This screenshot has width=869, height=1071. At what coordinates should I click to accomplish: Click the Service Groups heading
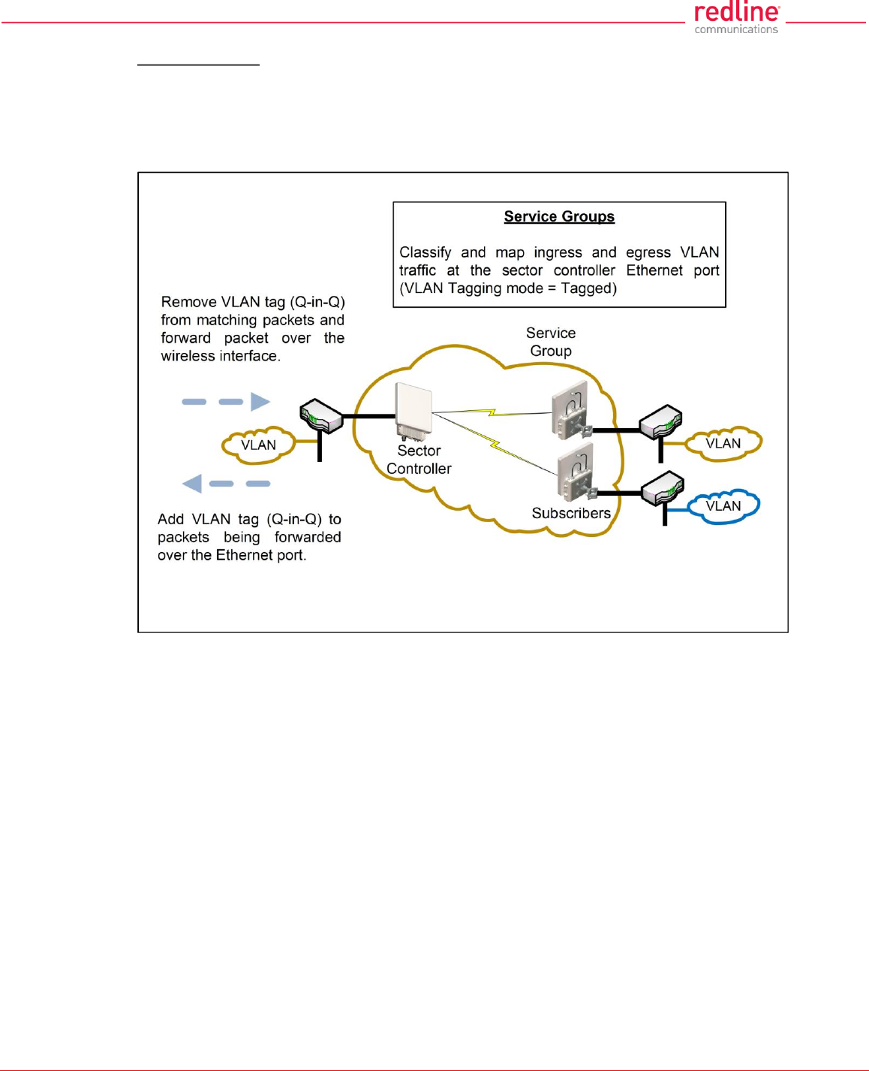(x=559, y=217)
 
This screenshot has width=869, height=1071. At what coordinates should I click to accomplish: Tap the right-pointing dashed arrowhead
(x=260, y=402)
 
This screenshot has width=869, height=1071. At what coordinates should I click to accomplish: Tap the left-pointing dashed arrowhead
(x=193, y=484)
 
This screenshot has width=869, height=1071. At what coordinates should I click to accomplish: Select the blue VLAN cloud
(x=723, y=506)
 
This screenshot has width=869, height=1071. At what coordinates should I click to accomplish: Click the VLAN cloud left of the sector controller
(x=258, y=445)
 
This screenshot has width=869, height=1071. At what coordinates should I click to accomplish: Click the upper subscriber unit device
(x=571, y=414)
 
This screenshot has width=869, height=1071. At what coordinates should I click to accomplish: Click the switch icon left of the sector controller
(x=321, y=416)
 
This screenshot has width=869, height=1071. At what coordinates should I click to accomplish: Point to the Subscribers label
(x=571, y=514)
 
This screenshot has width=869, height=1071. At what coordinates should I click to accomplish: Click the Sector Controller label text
(x=419, y=460)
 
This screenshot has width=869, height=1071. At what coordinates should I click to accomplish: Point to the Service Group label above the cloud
(x=551, y=342)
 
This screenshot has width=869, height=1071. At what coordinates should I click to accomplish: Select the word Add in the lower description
(x=170, y=520)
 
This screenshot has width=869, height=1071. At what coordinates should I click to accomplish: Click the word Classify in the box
(x=425, y=253)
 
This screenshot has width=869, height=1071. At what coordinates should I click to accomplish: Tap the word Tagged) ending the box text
(x=588, y=289)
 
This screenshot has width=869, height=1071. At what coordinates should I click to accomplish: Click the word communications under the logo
(x=736, y=30)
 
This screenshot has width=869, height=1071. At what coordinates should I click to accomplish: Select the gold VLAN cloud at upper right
(x=723, y=444)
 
